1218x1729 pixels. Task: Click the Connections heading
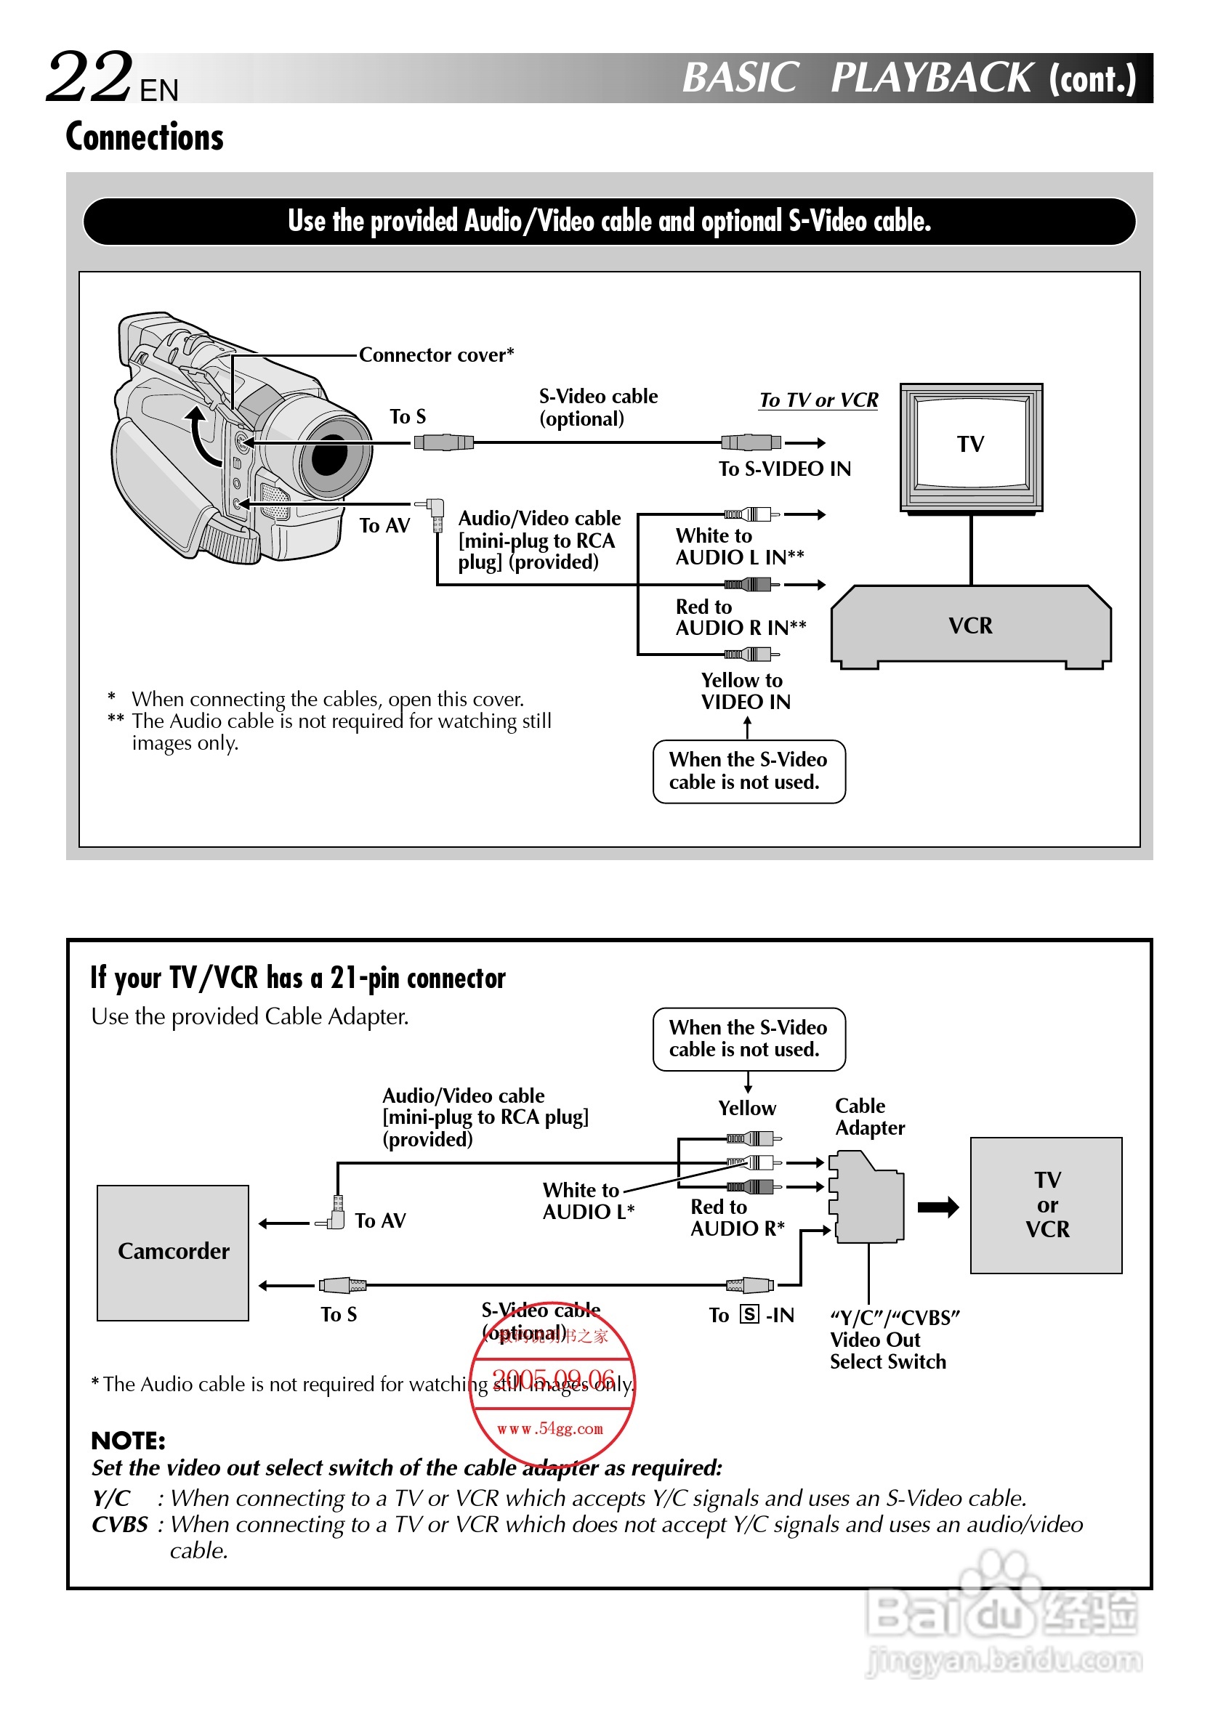pos(145,137)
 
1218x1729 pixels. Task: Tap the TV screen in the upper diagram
pos(970,444)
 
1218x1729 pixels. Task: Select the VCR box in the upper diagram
pos(970,625)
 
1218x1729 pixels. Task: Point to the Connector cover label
pos(436,355)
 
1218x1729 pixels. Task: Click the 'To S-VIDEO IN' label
pos(784,469)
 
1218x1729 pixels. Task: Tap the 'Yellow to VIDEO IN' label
pos(745,692)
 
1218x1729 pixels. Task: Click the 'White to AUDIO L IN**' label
pos(739,547)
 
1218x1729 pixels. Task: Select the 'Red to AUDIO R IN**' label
pos(741,617)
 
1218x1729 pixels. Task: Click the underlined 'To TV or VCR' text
pos(818,400)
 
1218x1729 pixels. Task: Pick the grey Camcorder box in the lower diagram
pos(173,1252)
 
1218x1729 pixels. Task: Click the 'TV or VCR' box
pos(1046,1205)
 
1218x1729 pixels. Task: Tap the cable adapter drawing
pos(867,1198)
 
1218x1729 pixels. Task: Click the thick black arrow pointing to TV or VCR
pos(937,1207)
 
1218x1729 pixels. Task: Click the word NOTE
pos(128,1441)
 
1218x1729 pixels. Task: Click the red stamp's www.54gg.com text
pos(550,1428)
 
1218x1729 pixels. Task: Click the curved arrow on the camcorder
pos(202,437)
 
